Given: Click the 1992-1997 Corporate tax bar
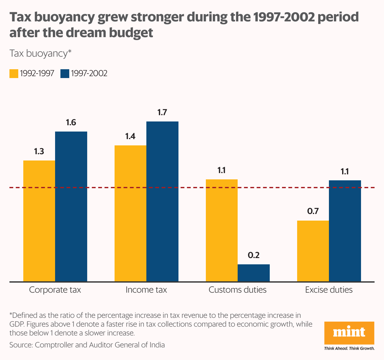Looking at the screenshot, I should (39, 220).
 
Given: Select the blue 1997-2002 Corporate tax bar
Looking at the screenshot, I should (71, 206).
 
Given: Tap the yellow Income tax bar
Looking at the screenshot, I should (130, 213).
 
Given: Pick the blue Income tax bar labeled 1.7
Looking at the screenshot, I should (162, 201).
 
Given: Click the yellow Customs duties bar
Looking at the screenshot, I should (222, 230).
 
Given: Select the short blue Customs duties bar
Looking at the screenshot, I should (254, 273).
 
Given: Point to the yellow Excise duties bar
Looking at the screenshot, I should (313, 251).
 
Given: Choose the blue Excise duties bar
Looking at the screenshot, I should (345, 231).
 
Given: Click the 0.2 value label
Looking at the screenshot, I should (254, 255).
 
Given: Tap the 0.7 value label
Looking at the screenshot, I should (313, 211).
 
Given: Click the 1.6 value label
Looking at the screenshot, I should (71, 122).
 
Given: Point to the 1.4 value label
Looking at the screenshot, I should (130, 136).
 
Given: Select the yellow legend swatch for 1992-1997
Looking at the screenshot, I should (14, 74).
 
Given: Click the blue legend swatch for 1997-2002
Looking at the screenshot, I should (64, 74).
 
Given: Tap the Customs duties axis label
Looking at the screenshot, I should (237, 290).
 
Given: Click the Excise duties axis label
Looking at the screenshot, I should (329, 290).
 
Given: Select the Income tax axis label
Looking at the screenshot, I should (146, 290).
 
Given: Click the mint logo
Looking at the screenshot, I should (349, 333).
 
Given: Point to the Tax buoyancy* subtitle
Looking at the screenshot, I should (41, 53).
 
